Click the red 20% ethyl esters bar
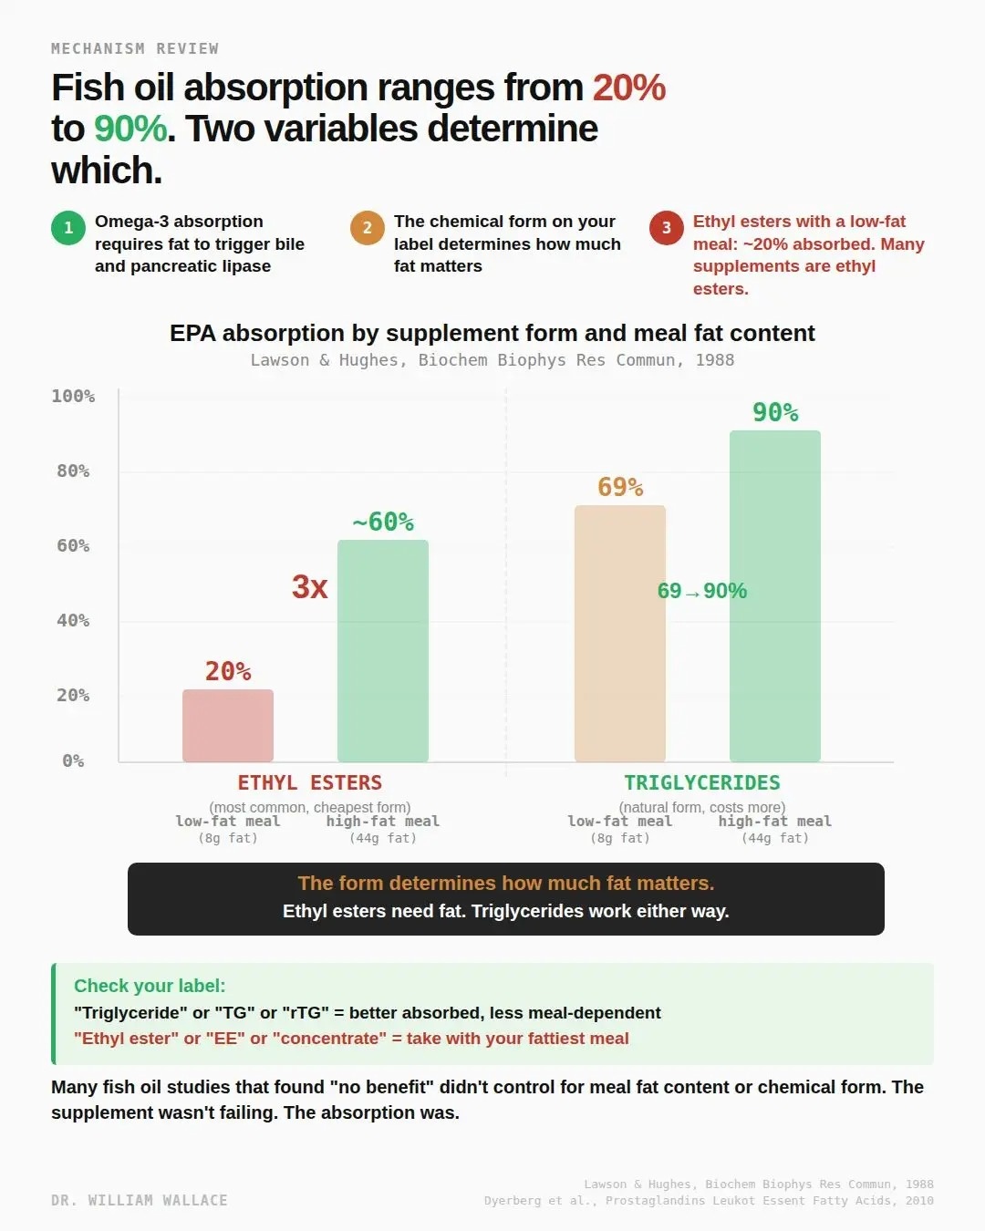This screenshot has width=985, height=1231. [228, 726]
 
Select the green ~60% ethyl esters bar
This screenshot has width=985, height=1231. [383, 651]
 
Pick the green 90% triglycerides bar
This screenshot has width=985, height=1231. [775, 596]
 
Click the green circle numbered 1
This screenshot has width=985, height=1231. [68, 228]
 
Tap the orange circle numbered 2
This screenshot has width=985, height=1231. [368, 228]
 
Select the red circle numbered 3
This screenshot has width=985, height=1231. [667, 228]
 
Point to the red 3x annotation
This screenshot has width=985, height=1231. [310, 586]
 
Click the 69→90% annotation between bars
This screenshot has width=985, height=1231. [702, 591]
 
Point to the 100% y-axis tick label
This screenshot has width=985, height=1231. [73, 396]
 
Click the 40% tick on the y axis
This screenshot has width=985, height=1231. [73, 620]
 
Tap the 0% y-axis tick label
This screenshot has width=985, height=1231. [73, 760]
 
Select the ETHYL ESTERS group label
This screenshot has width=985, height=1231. [310, 782]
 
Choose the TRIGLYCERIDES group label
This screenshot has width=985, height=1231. [702, 782]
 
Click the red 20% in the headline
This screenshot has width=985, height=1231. [629, 88]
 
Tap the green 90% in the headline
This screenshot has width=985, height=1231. [130, 129]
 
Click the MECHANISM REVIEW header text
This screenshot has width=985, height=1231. [135, 48]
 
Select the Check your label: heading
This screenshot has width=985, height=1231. [150, 986]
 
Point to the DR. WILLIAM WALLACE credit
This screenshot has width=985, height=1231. [140, 1200]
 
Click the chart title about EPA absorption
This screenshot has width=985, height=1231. [493, 333]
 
